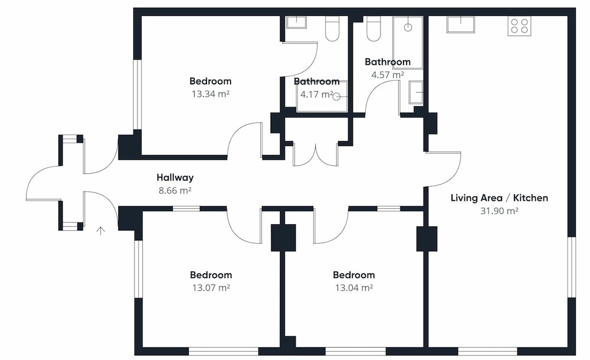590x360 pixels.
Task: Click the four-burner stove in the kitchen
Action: point(519,26)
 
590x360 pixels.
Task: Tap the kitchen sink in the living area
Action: point(461,24)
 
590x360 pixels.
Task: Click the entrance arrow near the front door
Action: point(100,231)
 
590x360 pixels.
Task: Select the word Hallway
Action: point(175,178)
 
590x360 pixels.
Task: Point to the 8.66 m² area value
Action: point(175,190)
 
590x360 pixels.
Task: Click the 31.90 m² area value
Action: point(499,211)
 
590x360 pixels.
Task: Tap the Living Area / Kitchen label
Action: point(499,198)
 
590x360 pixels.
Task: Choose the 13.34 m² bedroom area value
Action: point(211,94)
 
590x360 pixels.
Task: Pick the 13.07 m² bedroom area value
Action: point(211,287)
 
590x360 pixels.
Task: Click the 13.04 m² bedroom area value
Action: point(354,287)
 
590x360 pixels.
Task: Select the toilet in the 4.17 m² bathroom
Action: point(332,28)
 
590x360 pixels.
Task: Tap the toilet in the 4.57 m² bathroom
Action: point(373,28)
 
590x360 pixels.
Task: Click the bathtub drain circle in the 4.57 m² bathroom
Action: point(408,28)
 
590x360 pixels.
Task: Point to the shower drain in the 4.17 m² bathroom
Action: point(337,97)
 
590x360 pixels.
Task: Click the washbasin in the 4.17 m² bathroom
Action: point(297,22)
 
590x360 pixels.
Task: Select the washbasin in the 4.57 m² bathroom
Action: point(416,92)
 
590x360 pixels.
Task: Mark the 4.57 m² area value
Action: point(388,74)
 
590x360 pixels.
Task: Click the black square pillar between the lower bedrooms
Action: point(283,238)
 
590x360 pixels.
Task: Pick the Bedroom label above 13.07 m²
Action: point(211,275)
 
